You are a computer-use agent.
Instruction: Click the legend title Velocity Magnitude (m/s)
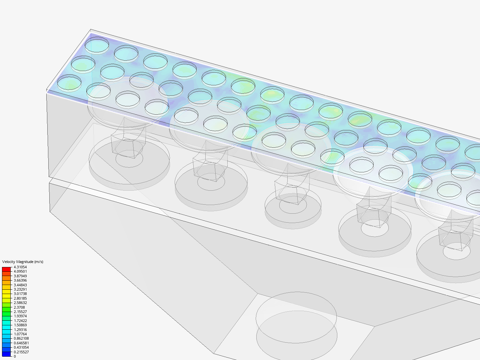click(x=23, y=262)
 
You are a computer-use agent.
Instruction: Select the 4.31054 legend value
click(x=20, y=267)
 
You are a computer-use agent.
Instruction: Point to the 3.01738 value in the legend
click(x=20, y=294)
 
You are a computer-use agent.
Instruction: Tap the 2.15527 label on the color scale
click(x=20, y=312)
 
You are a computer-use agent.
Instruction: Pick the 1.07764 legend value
click(x=20, y=334)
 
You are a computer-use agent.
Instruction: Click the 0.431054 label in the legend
click(x=21, y=347)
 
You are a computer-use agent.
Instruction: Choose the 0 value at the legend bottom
click(x=15, y=356)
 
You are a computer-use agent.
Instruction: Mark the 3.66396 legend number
click(x=20, y=280)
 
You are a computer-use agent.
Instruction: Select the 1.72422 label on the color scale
click(x=20, y=321)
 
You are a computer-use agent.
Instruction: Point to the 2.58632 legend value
click(x=20, y=303)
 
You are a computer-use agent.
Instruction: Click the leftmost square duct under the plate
click(x=128, y=142)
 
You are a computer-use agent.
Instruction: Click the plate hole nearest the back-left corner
click(x=97, y=46)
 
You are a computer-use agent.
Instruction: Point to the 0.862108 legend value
click(x=21, y=338)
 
